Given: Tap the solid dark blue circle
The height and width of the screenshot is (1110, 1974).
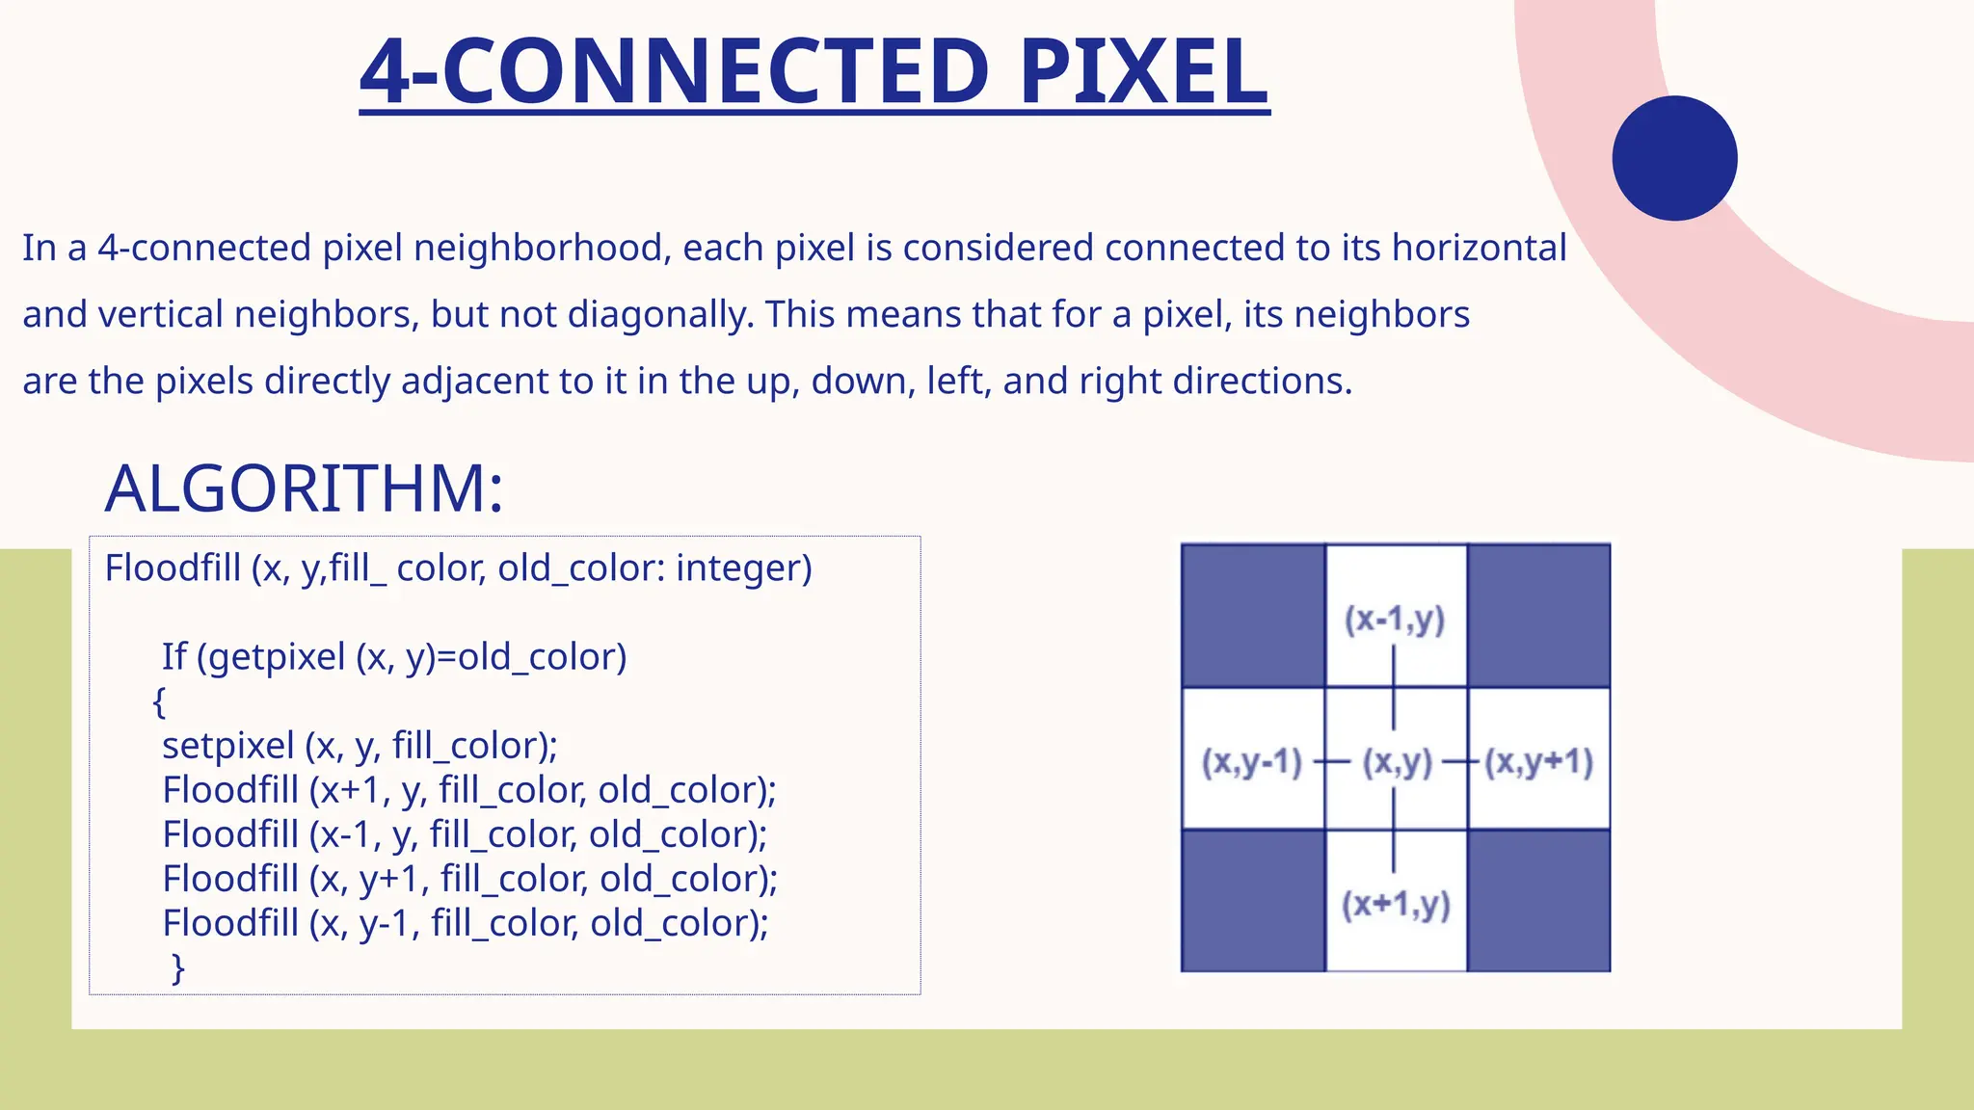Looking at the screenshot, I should click(1674, 158).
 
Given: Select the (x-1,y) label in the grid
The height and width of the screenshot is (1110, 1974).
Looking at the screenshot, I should click(1395, 619).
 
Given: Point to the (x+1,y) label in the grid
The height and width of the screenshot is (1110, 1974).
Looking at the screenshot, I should click(1396, 904).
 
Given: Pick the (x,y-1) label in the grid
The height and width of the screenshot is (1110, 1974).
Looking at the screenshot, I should click(1251, 762).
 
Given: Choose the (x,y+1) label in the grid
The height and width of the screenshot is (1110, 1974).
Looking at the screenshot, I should click(1538, 762).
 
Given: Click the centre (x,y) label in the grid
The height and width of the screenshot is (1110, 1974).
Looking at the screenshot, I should click(1397, 762).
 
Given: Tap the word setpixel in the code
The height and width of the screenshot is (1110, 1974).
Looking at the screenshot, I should click(228, 746).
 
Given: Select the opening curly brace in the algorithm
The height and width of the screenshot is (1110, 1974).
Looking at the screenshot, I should click(159, 701).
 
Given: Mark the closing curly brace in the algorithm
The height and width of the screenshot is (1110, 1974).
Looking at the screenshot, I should click(177, 967).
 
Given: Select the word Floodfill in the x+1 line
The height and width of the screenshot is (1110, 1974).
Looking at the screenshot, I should click(230, 790).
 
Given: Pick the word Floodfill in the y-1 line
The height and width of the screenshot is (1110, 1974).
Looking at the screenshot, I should click(230, 923).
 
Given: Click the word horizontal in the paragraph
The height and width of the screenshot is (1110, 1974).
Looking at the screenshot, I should click(1479, 249).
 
